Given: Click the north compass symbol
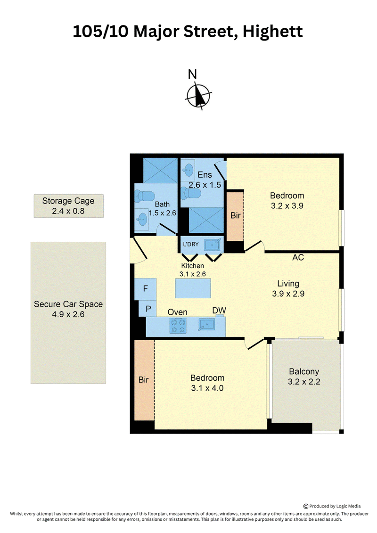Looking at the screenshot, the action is (198, 96).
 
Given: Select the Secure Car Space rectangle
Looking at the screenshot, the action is (68, 313).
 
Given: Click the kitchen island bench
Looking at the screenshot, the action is (193, 288).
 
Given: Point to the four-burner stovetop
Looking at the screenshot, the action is (178, 325).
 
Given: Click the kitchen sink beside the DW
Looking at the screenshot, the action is (206, 325).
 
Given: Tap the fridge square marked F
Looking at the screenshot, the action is (146, 289).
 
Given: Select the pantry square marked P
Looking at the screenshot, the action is (148, 309).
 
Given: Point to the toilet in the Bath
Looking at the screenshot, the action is (145, 196).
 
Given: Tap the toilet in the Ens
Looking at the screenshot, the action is (191, 194).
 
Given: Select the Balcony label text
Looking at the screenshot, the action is (304, 371).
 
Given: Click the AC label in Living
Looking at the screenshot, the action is (298, 257).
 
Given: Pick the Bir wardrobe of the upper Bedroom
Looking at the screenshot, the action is (235, 216).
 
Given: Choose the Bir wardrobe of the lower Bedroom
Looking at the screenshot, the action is (144, 380).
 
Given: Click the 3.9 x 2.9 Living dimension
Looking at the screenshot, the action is (288, 294).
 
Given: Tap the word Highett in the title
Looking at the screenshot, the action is (273, 32).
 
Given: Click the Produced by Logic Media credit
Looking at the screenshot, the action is (332, 506).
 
